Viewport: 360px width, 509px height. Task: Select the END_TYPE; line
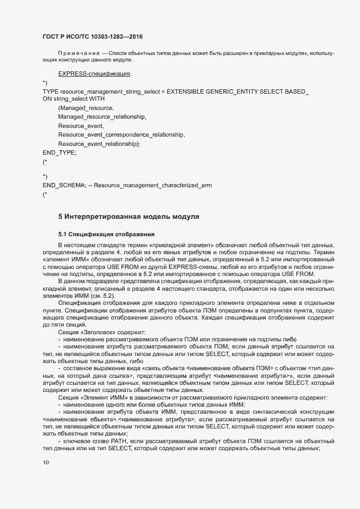(60, 153)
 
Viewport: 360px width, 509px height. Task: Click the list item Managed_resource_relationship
(103, 117)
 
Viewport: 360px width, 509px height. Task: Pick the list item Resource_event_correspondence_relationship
(122, 134)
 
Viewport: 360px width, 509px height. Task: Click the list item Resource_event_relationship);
(99, 144)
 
